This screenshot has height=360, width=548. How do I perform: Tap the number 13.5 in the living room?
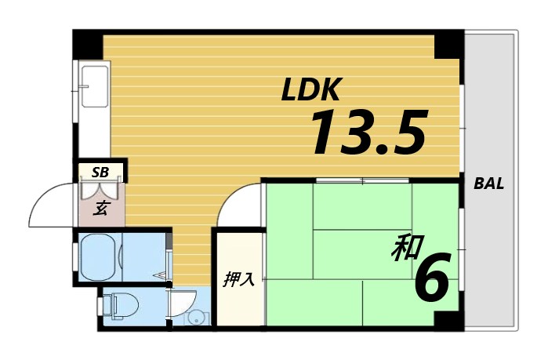pyautogui.click(x=368, y=133)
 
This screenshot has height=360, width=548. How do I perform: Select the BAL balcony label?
pyautogui.click(x=489, y=185)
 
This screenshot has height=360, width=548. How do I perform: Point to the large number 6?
pyautogui.click(x=432, y=280)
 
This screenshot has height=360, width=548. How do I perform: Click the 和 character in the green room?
pyautogui.click(x=405, y=250)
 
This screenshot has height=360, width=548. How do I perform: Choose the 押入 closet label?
pyautogui.click(x=239, y=279)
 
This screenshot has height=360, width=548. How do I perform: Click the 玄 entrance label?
pyautogui.click(x=101, y=208)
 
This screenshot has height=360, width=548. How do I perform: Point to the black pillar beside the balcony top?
pyautogui.click(x=448, y=45)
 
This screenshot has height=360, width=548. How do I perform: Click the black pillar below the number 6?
pyautogui.click(x=448, y=320)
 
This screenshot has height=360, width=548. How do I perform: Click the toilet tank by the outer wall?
pyautogui.click(x=107, y=304)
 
